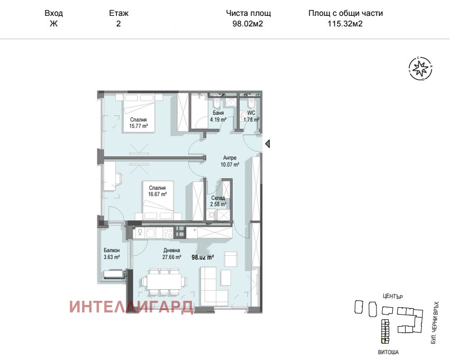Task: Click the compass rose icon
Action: pos(420,69)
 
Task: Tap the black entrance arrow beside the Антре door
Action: pos(268,143)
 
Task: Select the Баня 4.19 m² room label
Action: pos(218,116)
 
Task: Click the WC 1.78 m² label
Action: pos(251,116)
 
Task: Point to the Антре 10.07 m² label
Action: pos(230,161)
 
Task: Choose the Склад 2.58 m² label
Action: pos(218,201)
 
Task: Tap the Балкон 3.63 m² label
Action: pos(112,254)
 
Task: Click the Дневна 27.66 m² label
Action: pos(172,254)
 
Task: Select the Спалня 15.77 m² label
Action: pos(139,123)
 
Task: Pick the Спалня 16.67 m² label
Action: pos(157,191)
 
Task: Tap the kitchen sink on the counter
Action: pos(150,233)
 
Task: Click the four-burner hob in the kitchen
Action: pos(168,233)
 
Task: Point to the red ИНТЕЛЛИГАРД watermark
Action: pos(131,307)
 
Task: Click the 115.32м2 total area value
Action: pos(345,23)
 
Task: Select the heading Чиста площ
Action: pos(248,13)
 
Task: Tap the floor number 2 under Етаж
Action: pos(118,23)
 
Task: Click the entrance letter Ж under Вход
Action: pos(53,23)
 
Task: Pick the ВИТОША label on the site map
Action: pos(388,352)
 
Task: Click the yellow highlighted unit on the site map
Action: pos(384,341)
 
